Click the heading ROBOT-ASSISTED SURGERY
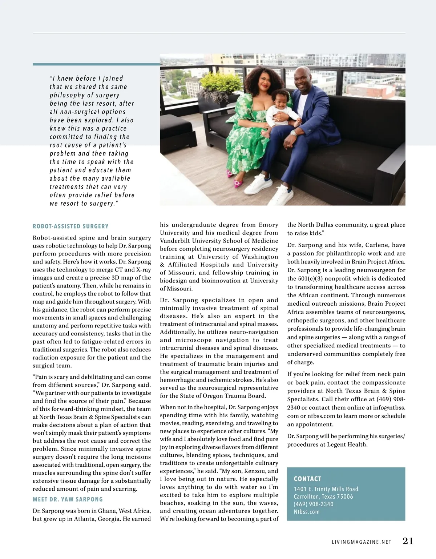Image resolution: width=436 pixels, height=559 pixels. [x=70, y=226]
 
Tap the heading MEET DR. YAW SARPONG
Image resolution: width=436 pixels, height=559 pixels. [x=68, y=499]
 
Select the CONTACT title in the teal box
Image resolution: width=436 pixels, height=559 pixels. [x=307, y=479]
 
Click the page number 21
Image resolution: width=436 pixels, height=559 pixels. [x=408, y=541]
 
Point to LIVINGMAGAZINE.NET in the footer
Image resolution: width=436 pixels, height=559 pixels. [x=362, y=542]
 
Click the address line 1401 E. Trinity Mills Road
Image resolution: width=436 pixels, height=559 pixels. [x=326, y=489]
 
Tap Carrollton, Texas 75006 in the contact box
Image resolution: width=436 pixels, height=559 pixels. [x=323, y=497]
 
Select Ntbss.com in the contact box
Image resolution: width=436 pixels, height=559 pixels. [x=307, y=512]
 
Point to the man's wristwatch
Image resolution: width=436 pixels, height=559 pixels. [x=293, y=133]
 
